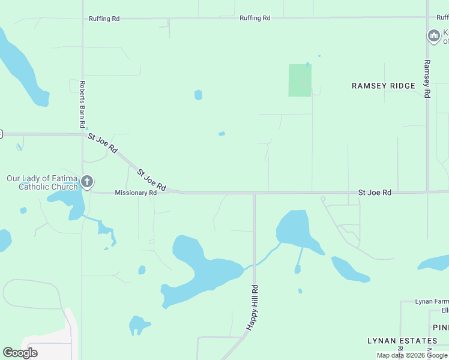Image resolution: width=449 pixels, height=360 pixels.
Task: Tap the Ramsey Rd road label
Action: [427, 79]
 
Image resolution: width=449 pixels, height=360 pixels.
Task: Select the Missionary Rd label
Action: [136, 193]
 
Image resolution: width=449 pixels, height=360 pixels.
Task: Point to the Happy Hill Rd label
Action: [253, 306]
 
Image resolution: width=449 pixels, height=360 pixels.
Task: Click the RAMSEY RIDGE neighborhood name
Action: [384, 86]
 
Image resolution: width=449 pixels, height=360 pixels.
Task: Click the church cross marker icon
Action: [87, 181]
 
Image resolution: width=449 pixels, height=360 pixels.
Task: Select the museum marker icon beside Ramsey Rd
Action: [433, 36]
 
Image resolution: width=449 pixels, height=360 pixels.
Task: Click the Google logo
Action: [20, 353]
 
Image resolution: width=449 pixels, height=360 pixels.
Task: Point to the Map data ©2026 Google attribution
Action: [412, 355]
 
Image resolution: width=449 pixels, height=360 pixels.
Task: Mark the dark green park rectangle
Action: [300, 80]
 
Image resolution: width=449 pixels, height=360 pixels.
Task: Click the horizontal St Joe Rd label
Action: [375, 193]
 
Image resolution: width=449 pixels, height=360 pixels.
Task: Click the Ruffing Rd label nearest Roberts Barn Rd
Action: [104, 19]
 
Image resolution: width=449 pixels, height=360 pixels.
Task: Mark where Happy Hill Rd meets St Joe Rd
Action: [254, 193]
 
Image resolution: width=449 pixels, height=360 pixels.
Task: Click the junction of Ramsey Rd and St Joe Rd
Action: [427, 193]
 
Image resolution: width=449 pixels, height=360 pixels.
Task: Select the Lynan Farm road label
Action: [432, 301]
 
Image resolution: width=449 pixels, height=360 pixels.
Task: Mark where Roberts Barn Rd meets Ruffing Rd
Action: [83, 19]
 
